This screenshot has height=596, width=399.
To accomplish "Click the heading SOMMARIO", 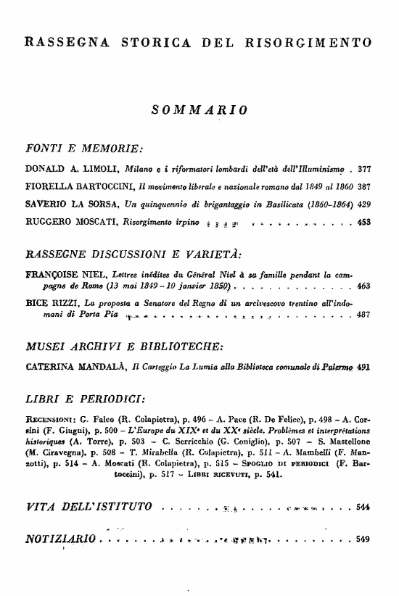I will (199, 109).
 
